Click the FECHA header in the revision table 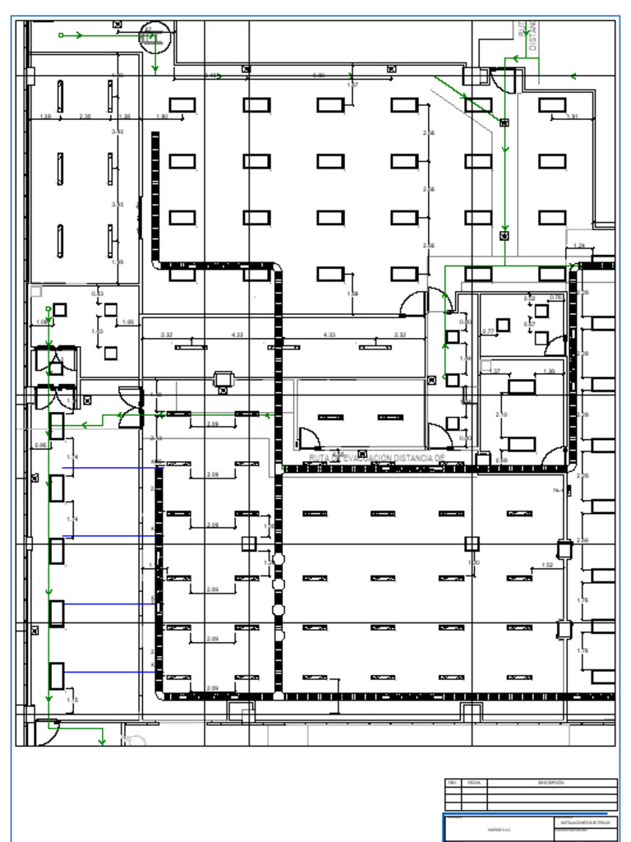tap(474, 783)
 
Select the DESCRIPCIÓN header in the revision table tap(551, 783)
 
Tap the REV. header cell tap(452, 783)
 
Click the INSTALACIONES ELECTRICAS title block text tap(585, 821)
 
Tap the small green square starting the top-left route tap(61, 35)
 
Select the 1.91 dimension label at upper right tap(573, 117)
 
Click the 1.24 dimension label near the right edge tap(580, 246)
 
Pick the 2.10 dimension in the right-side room tap(501, 415)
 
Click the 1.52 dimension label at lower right tap(548, 565)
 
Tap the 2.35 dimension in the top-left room tap(85, 117)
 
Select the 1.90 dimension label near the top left tap(162, 117)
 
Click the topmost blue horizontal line tap(111, 468)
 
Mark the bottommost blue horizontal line tap(111, 672)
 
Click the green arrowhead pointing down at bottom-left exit tap(102, 742)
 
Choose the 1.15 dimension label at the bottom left tap(72, 700)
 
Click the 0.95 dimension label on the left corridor tap(40, 446)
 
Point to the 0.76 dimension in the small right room tap(556, 298)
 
